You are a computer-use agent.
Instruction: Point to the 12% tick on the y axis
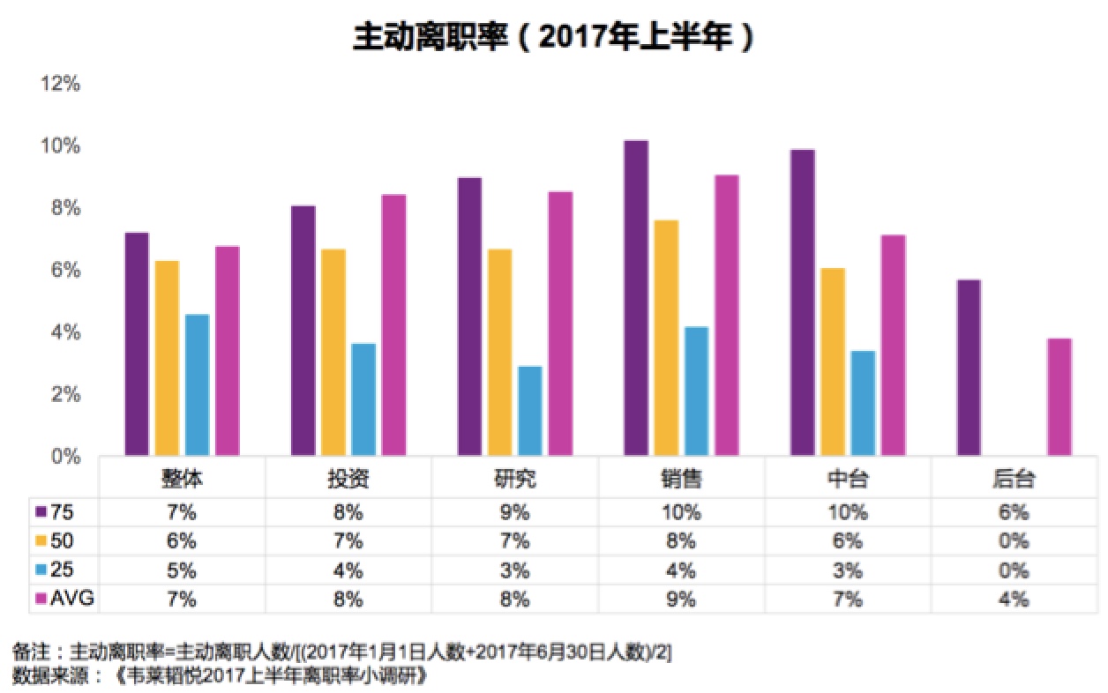(61, 85)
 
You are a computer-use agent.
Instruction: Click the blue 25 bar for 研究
(529, 411)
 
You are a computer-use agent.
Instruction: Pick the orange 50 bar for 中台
(832, 361)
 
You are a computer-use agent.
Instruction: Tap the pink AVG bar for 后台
(1059, 397)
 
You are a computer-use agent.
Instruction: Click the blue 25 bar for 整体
(197, 384)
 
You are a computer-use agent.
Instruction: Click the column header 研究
(514, 480)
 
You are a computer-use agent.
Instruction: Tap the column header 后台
(1014, 480)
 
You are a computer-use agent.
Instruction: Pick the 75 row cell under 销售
(681, 512)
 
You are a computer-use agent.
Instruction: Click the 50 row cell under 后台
(1014, 540)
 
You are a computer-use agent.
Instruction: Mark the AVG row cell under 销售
(681, 599)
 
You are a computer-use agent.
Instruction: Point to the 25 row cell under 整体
(183, 570)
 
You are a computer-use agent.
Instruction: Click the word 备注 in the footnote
(31, 652)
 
